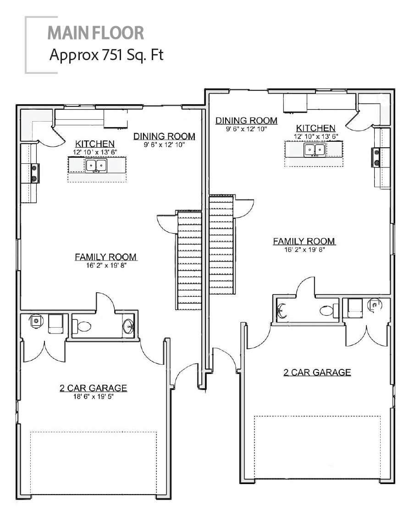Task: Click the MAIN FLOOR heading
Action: pyautogui.click(x=95, y=33)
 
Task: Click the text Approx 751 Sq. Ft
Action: pyautogui.click(x=106, y=55)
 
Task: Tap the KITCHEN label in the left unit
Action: pyautogui.click(x=95, y=144)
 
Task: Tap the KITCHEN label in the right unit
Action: pyautogui.click(x=315, y=128)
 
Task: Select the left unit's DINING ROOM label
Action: pyautogui.click(x=164, y=136)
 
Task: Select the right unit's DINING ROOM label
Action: pyautogui.click(x=247, y=121)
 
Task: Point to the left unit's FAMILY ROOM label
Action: pyautogui.click(x=106, y=257)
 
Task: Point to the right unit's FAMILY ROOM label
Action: pyautogui.click(x=304, y=241)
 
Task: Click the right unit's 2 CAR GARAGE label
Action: pyautogui.click(x=317, y=372)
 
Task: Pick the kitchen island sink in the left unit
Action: pyautogui.click(x=96, y=166)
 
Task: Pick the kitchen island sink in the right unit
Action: pyautogui.click(x=315, y=150)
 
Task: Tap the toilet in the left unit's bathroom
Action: pyautogui.click(x=83, y=327)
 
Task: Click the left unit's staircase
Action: pyautogui.click(x=189, y=260)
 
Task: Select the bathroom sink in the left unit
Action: pyautogui.click(x=127, y=326)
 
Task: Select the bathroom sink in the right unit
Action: pyautogui.click(x=282, y=311)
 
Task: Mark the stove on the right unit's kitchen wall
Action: pyautogui.click(x=376, y=157)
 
